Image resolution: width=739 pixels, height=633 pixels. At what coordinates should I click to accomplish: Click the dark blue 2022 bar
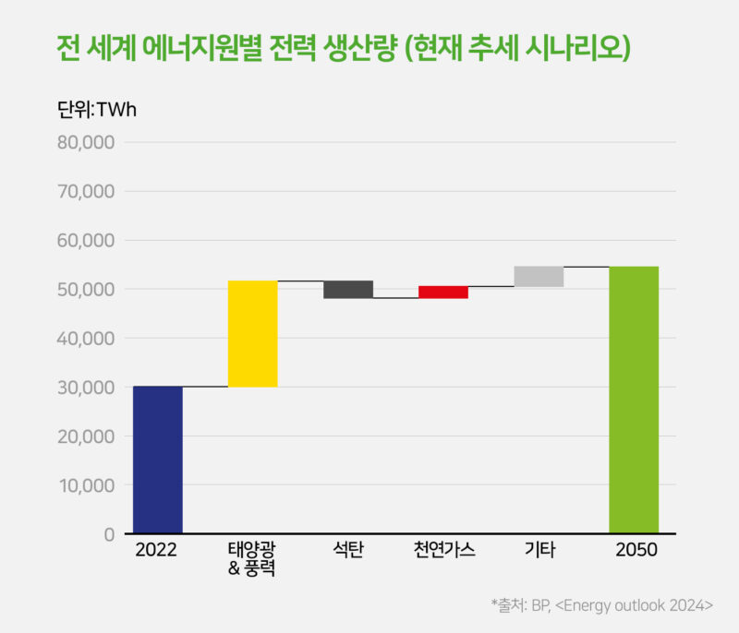point(158,460)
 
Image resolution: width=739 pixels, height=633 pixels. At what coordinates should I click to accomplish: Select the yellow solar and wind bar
point(253,333)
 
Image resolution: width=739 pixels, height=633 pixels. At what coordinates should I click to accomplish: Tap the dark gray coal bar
point(348,289)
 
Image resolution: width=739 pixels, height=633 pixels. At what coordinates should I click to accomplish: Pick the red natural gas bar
point(443,292)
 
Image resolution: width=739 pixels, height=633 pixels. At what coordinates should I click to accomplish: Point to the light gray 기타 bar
point(539,276)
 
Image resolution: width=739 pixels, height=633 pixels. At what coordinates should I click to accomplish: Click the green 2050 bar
point(634,400)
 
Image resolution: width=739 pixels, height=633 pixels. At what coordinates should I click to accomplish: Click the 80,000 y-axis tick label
point(85,143)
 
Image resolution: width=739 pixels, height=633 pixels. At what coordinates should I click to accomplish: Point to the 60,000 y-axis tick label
point(85,241)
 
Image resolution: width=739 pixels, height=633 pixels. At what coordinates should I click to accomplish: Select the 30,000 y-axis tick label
point(85,388)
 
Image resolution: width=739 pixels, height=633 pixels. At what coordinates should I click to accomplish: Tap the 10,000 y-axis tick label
point(85,485)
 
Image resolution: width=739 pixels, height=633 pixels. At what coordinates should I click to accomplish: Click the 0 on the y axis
point(108,534)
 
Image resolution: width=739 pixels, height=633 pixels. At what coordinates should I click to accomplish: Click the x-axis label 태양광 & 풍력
point(252,559)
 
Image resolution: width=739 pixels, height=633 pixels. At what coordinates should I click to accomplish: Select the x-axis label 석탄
point(348,551)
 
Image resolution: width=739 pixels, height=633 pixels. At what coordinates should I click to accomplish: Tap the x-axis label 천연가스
point(444,551)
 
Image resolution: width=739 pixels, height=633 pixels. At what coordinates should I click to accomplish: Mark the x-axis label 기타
point(539,551)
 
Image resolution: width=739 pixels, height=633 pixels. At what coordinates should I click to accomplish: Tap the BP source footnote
point(601,605)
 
